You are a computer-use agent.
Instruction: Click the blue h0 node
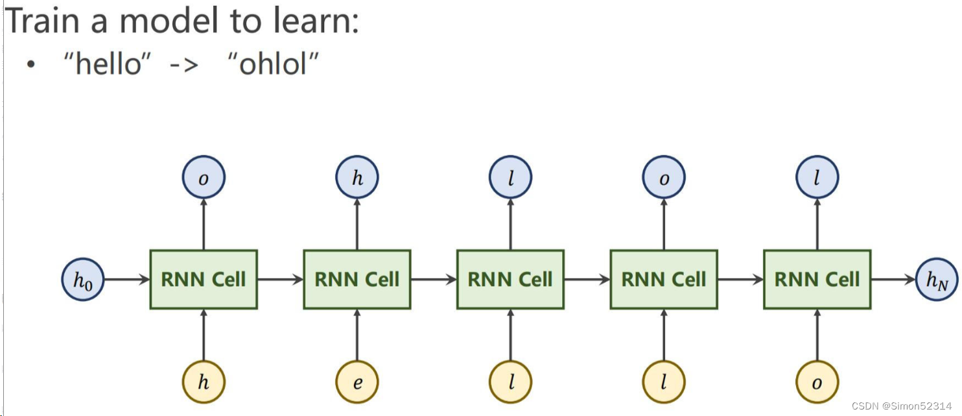pos(82,280)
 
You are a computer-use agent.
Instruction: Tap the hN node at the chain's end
pos(937,280)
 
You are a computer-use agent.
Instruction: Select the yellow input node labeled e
pos(357,382)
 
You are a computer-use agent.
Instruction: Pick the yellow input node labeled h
pos(204,382)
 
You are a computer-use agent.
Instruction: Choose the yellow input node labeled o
pos(817,382)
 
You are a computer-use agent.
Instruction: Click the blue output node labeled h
pos(357,178)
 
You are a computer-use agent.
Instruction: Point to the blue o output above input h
pos(204,178)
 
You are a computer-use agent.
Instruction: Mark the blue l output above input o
pos(817,178)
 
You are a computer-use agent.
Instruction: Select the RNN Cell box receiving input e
pos(357,280)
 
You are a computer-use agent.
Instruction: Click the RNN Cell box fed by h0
pos(204,280)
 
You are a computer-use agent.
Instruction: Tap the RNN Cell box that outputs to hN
pos(817,280)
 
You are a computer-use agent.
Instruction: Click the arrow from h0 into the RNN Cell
pos(126,280)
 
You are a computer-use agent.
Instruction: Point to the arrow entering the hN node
pos(893,280)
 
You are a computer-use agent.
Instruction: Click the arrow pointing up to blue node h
pos(357,225)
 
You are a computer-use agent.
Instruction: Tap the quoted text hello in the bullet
pos(107,65)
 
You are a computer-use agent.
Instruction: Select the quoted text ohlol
pos(273,65)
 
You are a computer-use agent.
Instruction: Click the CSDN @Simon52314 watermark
pos(900,406)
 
